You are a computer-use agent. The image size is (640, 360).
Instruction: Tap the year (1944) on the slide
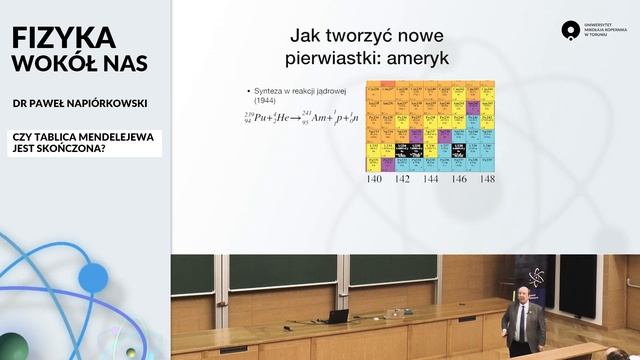click(265, 101)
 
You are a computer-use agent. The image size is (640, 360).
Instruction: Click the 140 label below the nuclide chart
click(374, 180)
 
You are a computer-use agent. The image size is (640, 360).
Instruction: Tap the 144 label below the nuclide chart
click(430, 180)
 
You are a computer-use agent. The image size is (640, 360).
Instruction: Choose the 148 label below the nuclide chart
click(486, 180)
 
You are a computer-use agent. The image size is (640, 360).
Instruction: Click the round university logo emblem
click(571, 31)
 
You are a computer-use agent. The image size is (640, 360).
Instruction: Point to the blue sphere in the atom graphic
click(92, 277)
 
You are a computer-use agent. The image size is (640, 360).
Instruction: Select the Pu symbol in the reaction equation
click(258, 119)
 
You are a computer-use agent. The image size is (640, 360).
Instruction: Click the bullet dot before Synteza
click(245, 92)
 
